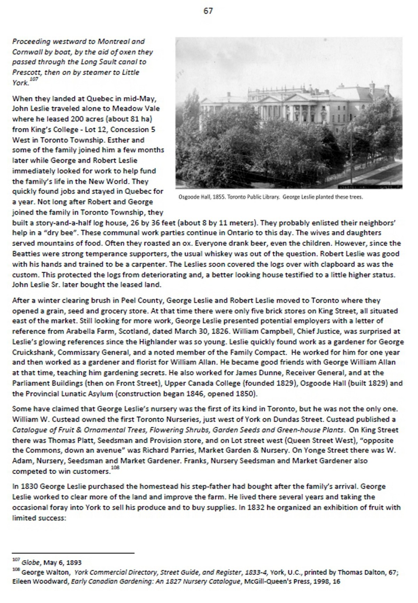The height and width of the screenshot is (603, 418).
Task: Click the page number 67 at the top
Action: coord(208,11)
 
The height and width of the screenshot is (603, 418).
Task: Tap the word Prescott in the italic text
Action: coord(26,72)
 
